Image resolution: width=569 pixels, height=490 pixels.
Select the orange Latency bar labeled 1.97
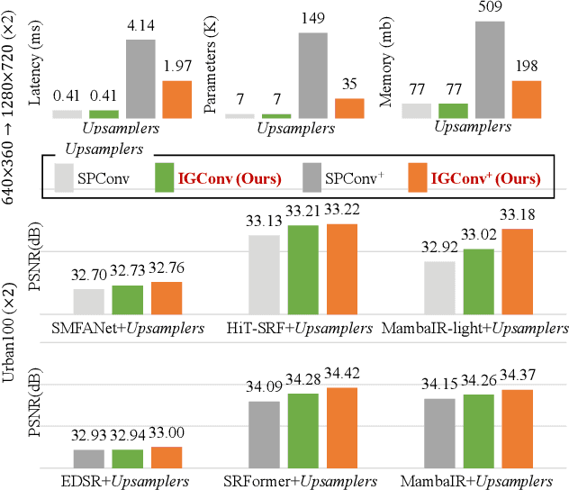177,99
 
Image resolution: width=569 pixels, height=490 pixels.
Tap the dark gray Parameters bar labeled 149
313,75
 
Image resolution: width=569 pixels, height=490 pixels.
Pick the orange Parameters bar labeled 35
349,108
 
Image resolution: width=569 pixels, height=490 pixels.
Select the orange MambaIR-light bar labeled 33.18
517,271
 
